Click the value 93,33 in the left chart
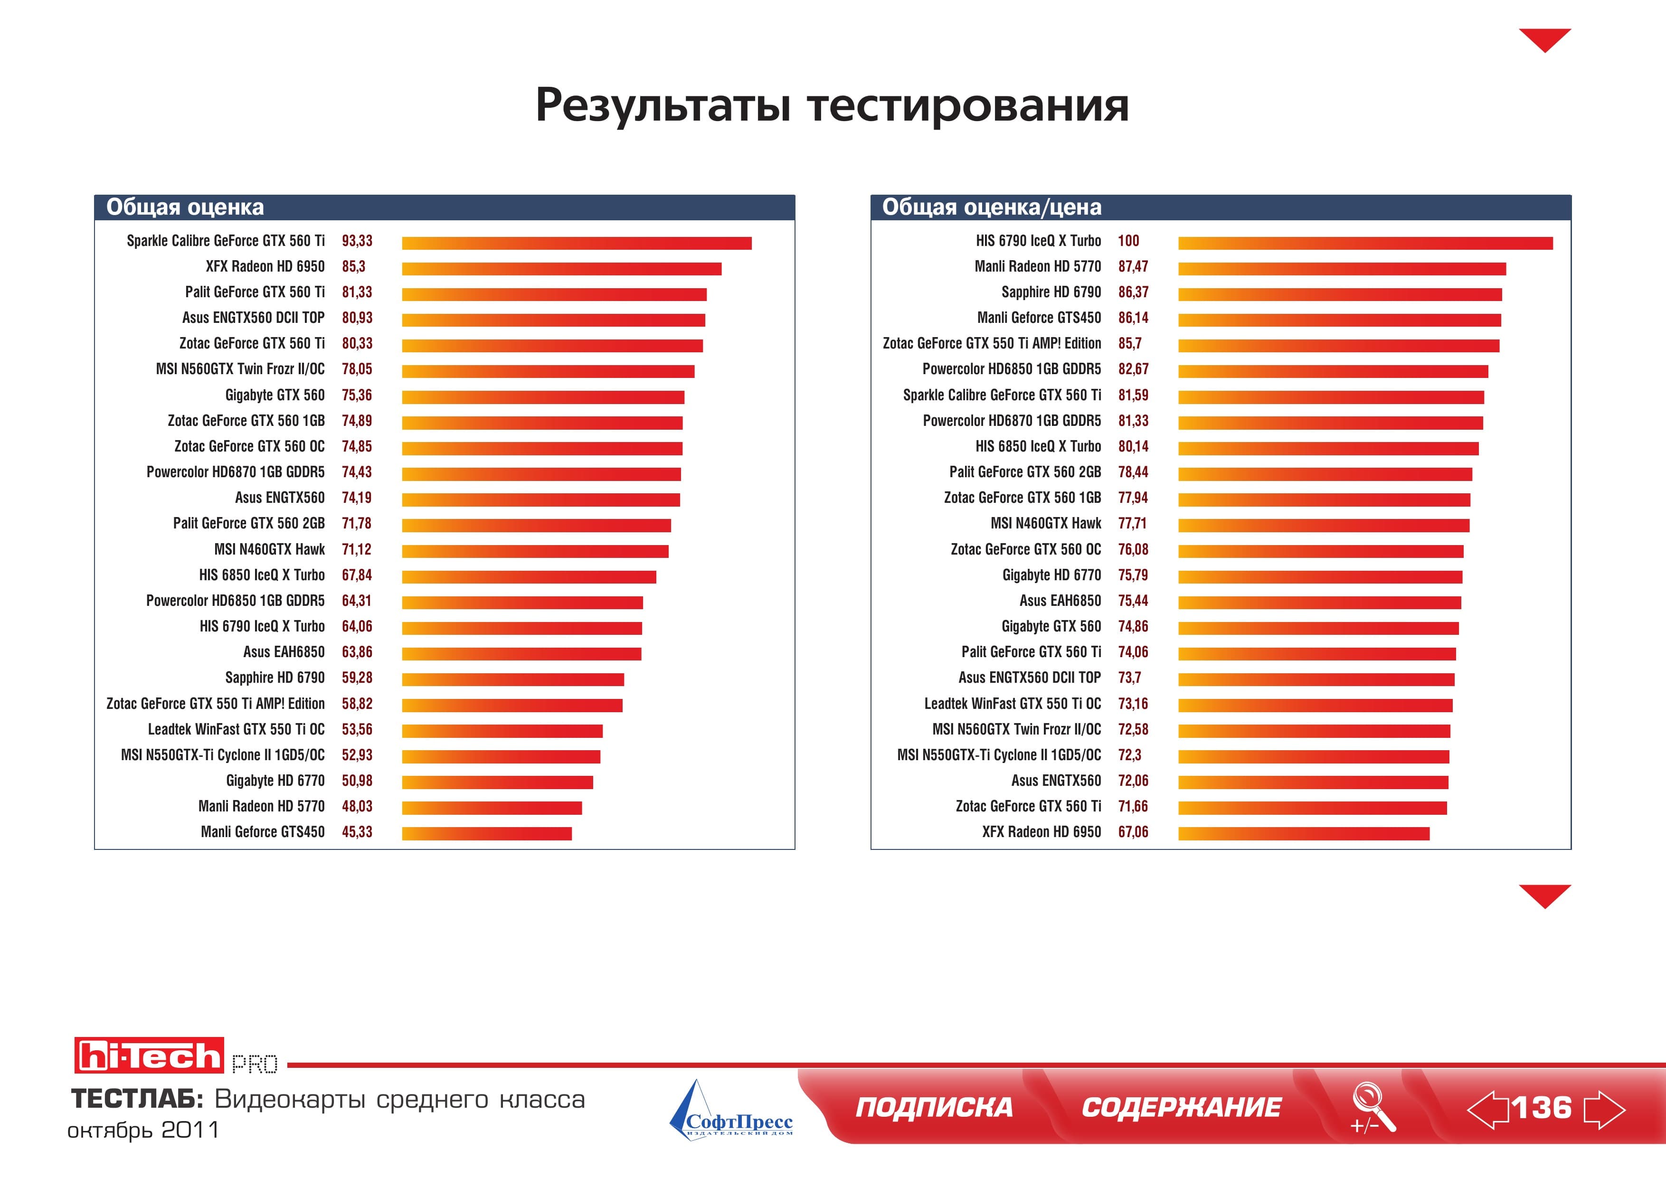357,241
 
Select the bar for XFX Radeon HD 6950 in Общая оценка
562,269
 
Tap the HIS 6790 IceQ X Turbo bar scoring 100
1365,243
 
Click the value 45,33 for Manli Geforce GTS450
357,832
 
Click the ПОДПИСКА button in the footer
934,1108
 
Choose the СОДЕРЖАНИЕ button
1181,1108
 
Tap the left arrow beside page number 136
1487,1109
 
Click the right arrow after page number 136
1604,1109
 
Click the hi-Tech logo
149,1055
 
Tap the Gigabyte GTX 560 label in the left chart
275,396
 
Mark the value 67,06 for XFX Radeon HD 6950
1134,832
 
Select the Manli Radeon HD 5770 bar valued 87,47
1343,269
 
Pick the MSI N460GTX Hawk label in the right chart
1046,524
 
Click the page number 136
1543,1108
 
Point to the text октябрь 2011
143,1130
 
